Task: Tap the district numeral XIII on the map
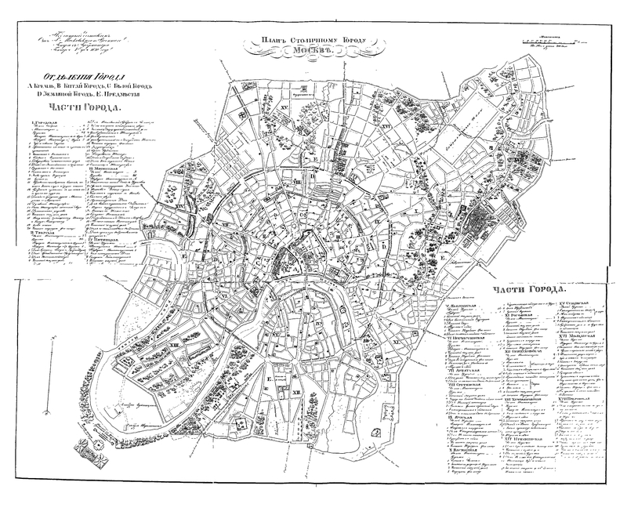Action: point(172,343)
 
